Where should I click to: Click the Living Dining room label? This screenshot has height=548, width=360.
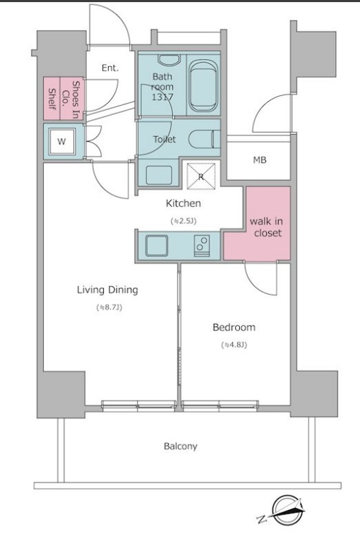tap(107, 290)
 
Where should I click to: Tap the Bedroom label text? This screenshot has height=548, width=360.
tap(234, 327)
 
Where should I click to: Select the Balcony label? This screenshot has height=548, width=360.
tap(181, 446)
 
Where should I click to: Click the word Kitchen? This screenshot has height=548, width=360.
tap(184, 203)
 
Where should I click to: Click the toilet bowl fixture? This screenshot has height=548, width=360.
tap(204, 139)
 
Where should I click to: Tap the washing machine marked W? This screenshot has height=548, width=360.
tap(61, 142)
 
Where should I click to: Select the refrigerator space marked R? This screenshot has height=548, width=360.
tap(200, 176)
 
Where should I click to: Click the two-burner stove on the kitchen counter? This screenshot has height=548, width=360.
tap(202, 245)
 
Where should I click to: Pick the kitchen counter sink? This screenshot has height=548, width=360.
tap(157, 245)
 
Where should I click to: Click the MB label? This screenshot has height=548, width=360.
tap(260, 160)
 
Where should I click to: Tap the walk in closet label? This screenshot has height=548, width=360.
tap(266, 227)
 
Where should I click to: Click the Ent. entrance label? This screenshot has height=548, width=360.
tap(110, 68)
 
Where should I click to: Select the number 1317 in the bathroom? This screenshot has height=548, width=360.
tap(162, 97)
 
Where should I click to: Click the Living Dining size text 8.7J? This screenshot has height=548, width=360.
tap(109, 308)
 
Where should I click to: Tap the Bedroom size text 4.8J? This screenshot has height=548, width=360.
tap(234, 345)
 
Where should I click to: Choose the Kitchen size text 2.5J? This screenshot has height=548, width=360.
tap(184, 221)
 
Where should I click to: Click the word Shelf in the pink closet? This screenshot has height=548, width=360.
tap(52, 99)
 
